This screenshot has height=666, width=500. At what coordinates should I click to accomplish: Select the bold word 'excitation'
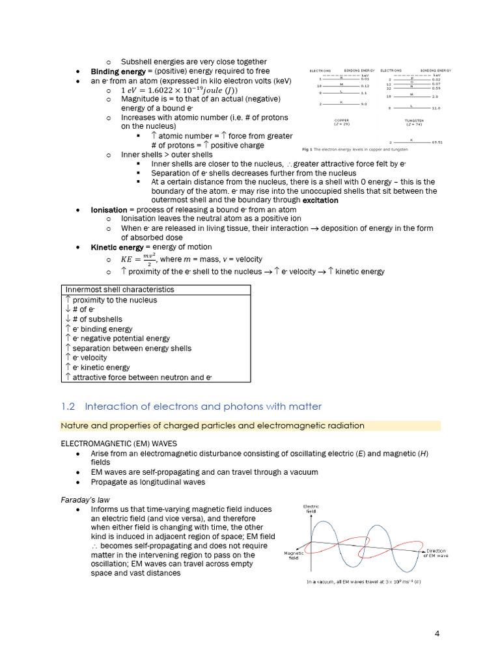320,200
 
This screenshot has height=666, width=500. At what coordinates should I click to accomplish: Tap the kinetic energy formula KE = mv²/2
139,260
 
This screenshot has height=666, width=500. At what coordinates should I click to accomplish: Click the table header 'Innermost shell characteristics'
119,289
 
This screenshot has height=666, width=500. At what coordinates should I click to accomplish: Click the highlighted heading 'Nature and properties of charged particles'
213,425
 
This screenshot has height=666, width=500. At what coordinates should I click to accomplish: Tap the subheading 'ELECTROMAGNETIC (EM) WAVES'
114,443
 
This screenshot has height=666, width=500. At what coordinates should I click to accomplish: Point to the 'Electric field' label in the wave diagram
311,509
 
